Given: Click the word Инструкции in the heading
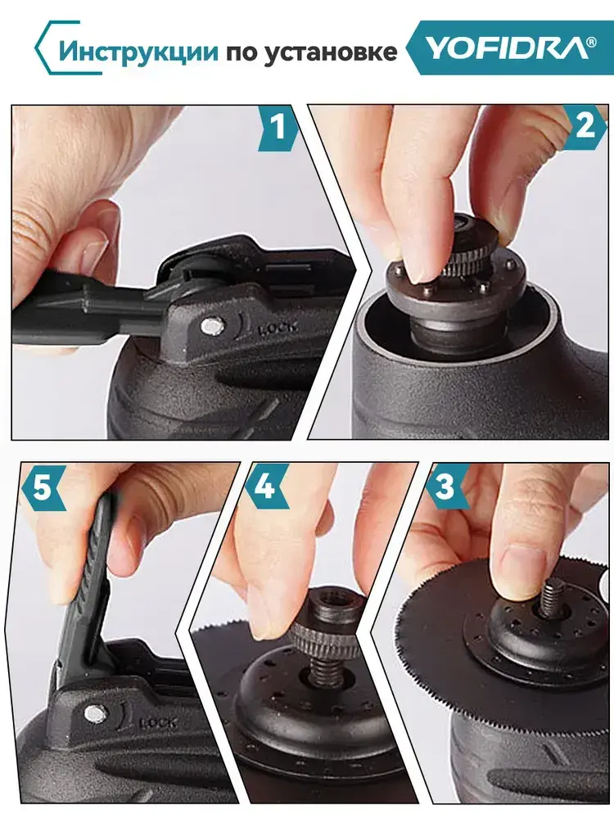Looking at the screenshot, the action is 138,52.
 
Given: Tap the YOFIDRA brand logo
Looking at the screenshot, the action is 508,48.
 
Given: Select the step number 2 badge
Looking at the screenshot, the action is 585,126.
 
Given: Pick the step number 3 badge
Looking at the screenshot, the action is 445,486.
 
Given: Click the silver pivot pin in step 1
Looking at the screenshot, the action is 213,327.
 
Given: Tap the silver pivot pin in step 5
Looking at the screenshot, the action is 94,712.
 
